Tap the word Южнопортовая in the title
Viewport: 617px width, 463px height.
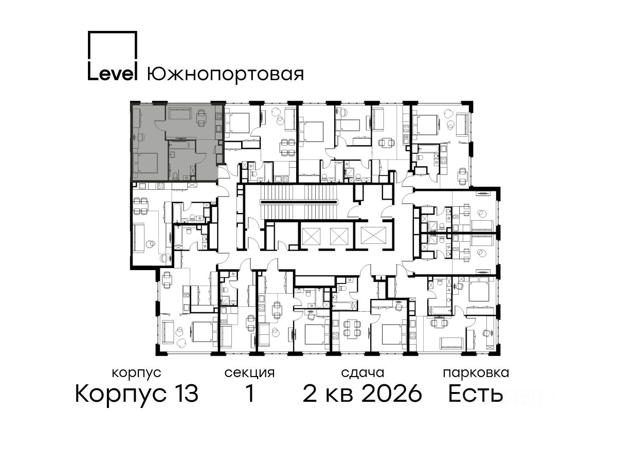pos(225,74)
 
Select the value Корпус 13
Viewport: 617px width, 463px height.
pos(137,394)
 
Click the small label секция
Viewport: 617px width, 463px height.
pos(249,373)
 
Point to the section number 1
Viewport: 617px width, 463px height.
pos(249,393)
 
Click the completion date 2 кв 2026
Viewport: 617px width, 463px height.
pos(362,393)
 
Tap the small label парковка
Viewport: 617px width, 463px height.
pos(476,373)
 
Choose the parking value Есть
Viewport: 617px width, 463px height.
pos(475,393)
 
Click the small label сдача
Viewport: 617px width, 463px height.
pos(362,373)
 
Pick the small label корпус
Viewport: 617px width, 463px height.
pos(137,373)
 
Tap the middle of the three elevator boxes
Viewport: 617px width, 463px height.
pos(339,236)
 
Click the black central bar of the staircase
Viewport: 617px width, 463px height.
pos(299,202)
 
